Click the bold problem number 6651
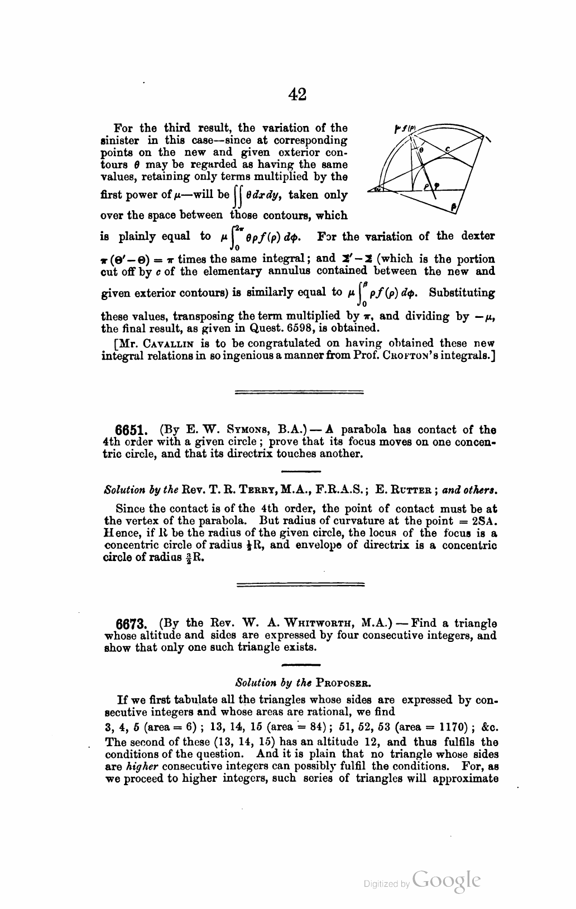pyautogui.click(x=131, y=431)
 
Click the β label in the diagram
pyautogui.click(x=454, y=207)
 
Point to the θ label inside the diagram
pyautogui.click(x=421, y=149)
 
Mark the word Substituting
pyautogui.click(x=462, y=293)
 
